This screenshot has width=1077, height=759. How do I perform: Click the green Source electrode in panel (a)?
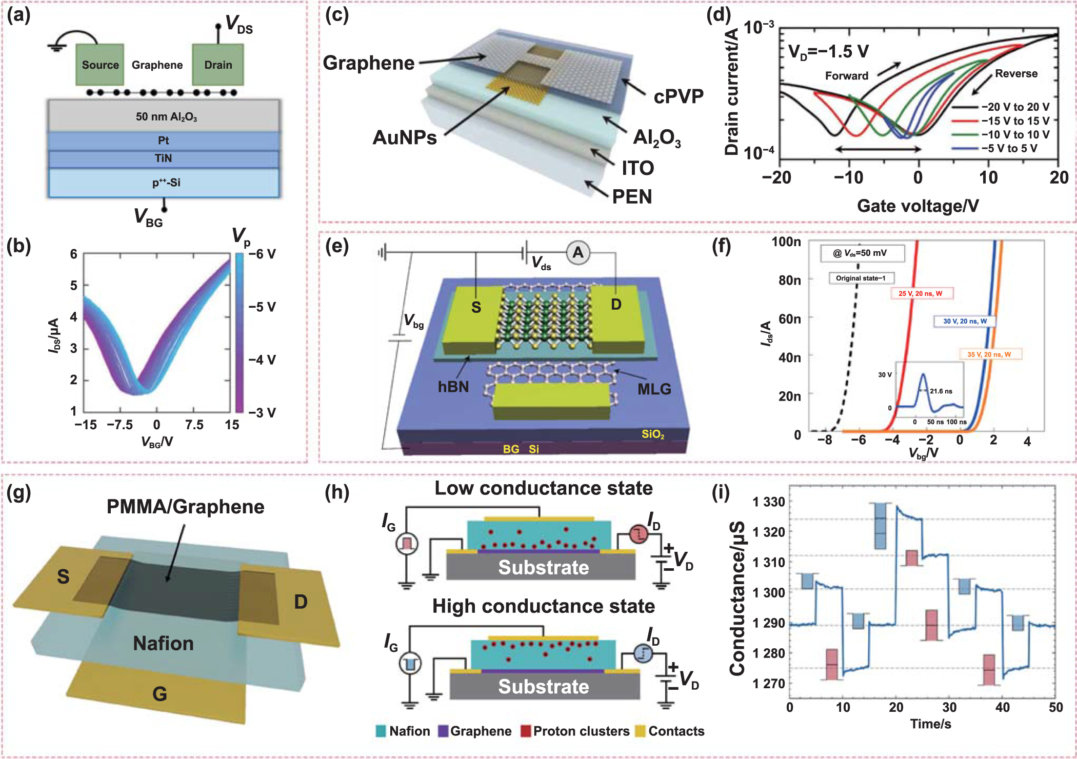(100, 65)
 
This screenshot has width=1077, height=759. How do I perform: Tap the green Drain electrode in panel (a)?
(218, 65)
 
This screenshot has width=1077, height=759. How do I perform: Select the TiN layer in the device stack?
(163, 158)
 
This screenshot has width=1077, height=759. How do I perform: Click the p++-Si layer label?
(166, 183)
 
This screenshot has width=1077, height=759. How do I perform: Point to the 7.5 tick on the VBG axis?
(194, 425)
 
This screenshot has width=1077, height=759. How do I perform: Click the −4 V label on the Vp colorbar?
(262, 359)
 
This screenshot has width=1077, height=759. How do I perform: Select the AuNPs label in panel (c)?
(405, 137)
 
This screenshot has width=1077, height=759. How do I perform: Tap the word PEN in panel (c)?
(632, 196)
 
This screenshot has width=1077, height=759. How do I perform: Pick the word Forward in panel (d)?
(846, 76)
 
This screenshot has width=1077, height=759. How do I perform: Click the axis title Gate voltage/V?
(918, 206)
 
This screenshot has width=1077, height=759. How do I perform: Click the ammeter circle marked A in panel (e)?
(578, 252)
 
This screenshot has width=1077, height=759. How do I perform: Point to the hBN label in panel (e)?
(453, 386)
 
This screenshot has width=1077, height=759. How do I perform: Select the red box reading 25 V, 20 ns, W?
(921, 293)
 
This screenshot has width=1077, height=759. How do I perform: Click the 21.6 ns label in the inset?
(941, 391)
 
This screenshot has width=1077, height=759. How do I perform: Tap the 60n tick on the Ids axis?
(789, 319)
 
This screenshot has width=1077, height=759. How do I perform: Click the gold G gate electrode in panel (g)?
(159, 693)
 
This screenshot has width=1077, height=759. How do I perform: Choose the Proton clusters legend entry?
(575, 731)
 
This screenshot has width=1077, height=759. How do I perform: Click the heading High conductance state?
(543, 606)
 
